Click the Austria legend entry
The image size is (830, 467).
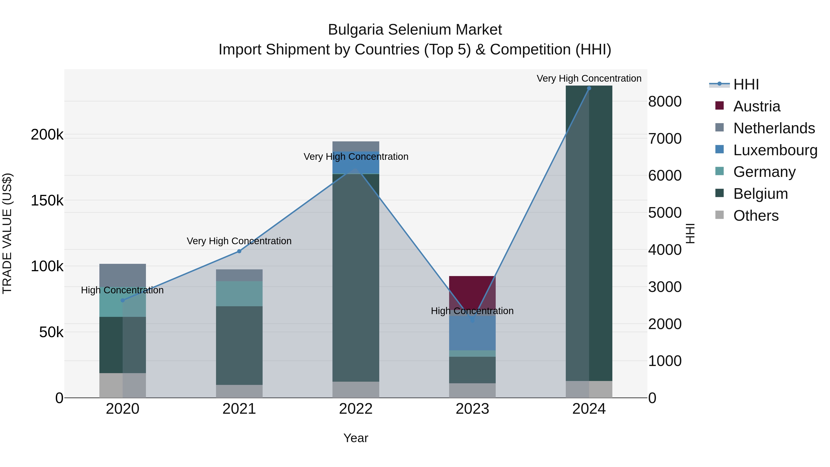[756, 106]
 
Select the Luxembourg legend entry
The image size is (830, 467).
[775, 150]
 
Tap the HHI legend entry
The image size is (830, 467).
[746, 84]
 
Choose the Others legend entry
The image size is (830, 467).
[756, 216]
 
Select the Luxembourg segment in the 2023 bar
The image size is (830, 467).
[472, 333]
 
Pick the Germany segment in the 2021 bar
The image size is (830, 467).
[239, 293]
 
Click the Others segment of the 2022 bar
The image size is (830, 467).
[356, 390]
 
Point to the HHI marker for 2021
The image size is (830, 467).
[239, 251]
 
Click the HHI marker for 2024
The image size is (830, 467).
[589, 88]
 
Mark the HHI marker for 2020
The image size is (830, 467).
[122, 300]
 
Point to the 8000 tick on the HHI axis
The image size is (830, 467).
[665, 101]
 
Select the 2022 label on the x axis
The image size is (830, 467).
[356, 409]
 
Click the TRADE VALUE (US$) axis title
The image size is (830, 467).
[7, 233]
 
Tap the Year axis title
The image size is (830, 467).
[356, 438]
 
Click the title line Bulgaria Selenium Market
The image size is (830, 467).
[415, 30]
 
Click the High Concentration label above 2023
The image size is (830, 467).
[472, 311]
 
